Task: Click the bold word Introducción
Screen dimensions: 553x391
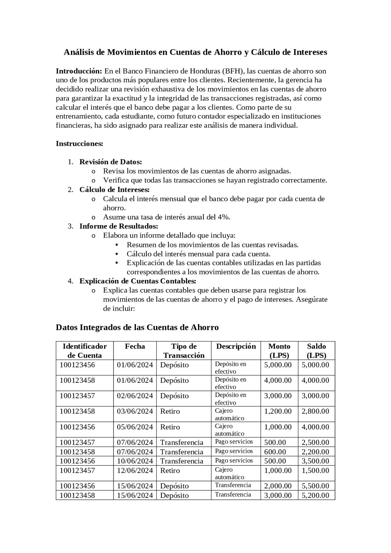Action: click(79, 71)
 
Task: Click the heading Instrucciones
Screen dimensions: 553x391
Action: click(79, 144)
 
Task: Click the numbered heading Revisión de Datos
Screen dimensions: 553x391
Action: click(111, 162)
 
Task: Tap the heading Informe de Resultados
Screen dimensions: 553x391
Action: click(119, 226)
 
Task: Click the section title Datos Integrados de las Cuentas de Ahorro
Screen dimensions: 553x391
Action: click(137, 327)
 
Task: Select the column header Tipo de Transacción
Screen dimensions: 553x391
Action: click(184, 351)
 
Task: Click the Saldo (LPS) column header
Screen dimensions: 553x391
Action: click(316, 351)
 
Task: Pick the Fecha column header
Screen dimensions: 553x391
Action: click(135, 346)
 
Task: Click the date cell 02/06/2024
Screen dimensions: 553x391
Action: click(135, 396)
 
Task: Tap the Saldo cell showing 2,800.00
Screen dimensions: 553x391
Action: click(315, 411)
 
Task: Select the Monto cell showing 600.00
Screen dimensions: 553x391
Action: click(275, 452)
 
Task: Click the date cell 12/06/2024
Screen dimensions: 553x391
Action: click(135, 471)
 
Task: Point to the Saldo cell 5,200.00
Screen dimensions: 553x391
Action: click(315, 495)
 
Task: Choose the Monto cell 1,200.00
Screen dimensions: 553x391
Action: click(278, 411)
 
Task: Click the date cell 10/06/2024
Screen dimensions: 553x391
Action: click(135, 461)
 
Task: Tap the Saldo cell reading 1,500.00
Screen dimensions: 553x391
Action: click(315, 471)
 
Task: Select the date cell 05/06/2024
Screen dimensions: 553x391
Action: click(135, 427)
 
